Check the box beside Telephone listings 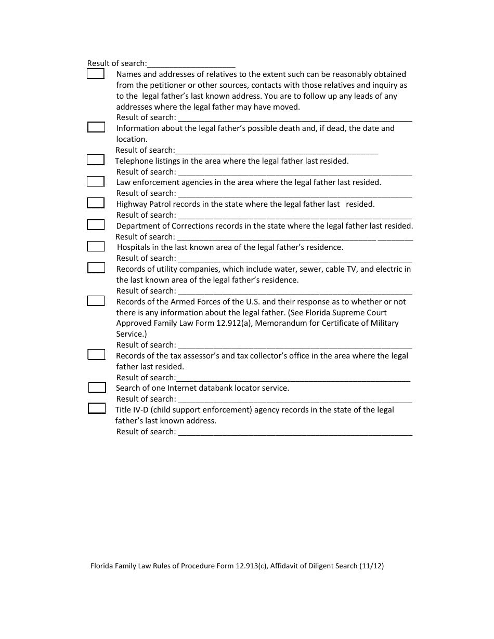(x=96, y=159)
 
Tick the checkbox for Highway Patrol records (x=96, y=203)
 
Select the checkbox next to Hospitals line (x=96, y=246)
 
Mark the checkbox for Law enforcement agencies (x=96, y=181)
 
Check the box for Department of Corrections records (x=96, y=224)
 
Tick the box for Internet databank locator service (x=97, y=387)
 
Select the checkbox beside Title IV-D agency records (x=97, y=408)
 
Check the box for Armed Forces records (x=96, y=300)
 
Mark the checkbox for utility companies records (x=96, y=268)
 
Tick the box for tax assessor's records (x=96, y=354)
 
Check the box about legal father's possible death (x=96, y=127)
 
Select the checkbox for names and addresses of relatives (x=95, y=74)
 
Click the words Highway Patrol (x=143, y=204)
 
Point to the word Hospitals (x=134, y=247)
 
